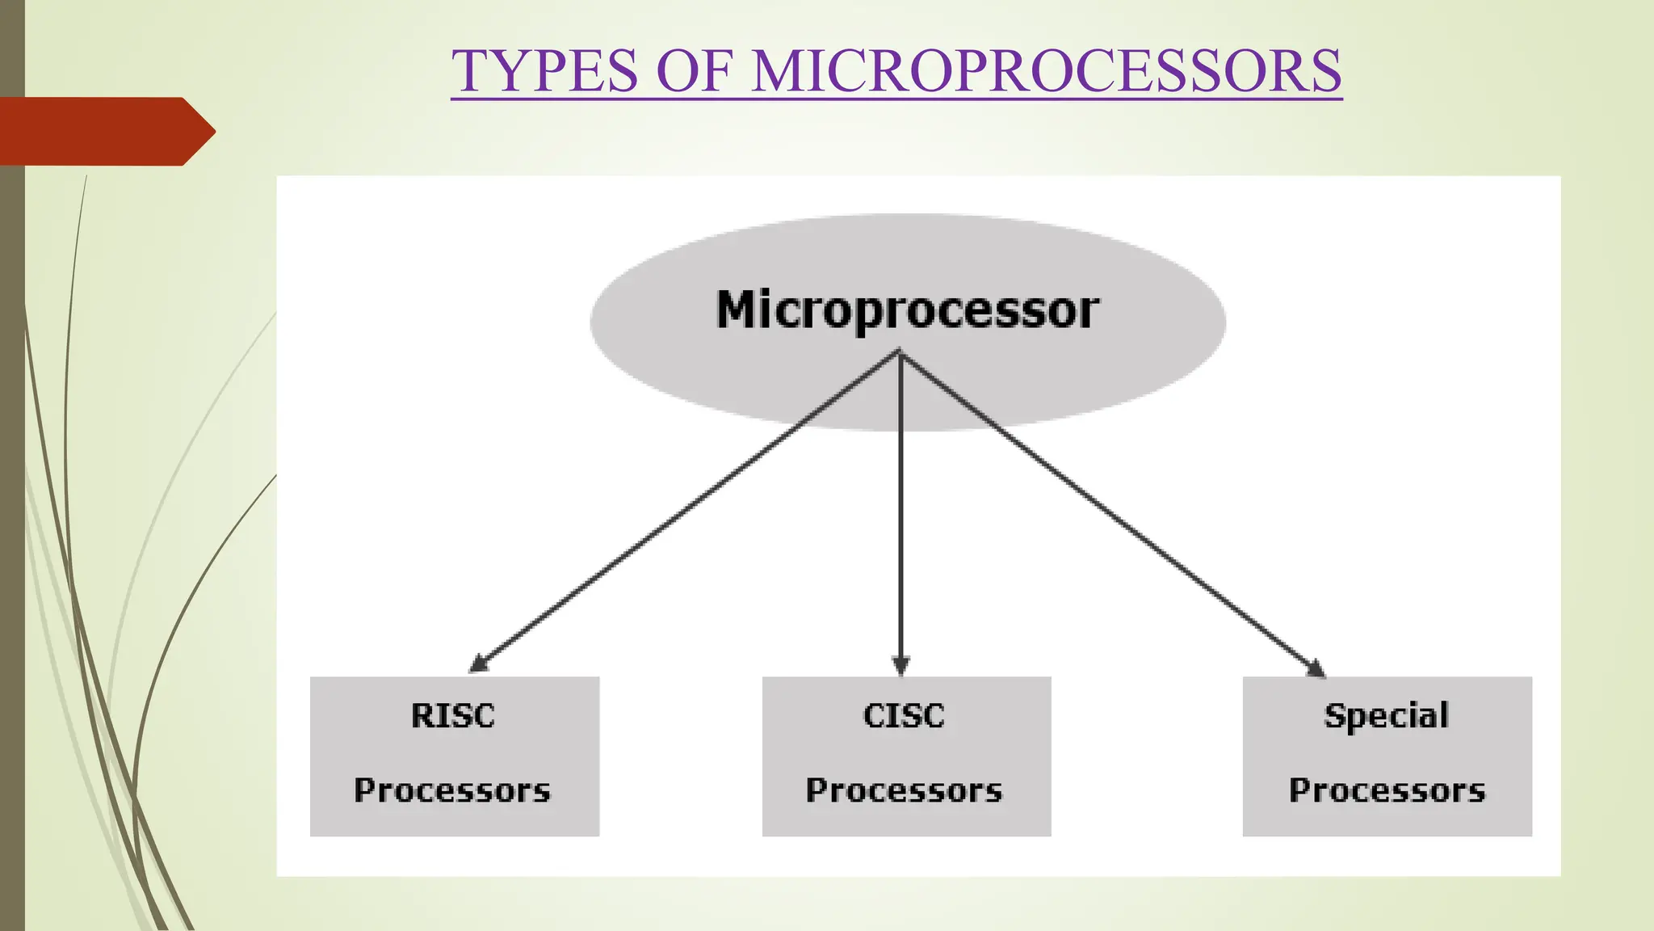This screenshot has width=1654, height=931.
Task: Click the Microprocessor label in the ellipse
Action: click(907, 310)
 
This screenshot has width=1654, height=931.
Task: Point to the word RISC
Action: click(452, 716)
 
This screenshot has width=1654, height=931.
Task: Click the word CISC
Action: click(904, 716)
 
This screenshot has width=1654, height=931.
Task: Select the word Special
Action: click(1386, 716)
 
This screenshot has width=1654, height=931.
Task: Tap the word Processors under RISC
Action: click(452, 790)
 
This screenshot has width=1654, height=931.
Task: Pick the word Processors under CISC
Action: click(904, 790)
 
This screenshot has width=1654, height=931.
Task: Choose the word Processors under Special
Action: click(1387, 790)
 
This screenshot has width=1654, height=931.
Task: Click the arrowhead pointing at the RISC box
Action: click(479, 664)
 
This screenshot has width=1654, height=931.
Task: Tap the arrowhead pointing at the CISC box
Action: click(900, 666)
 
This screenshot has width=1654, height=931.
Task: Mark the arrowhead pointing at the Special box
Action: click(1315, 668)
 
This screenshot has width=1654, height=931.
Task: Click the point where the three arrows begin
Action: click(900, 353)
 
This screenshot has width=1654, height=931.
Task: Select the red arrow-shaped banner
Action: click(97, 131)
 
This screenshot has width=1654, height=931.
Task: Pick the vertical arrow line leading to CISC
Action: click(900, 509)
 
